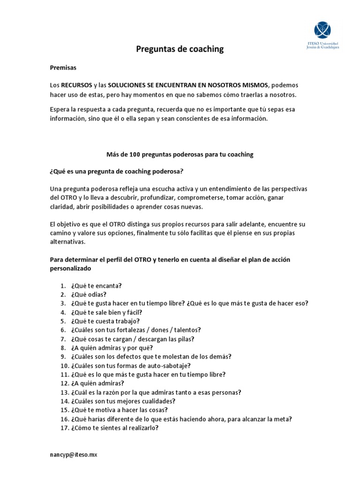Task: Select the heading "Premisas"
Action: tap(63, 67)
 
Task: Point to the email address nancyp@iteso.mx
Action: tap(74, 455)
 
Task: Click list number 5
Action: tap(62, 321)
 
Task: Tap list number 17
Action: tap(64, 428)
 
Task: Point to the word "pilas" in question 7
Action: tap(187, 339)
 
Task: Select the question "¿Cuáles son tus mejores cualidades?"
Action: tap(123, 401)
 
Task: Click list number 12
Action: tap(64, 383)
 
